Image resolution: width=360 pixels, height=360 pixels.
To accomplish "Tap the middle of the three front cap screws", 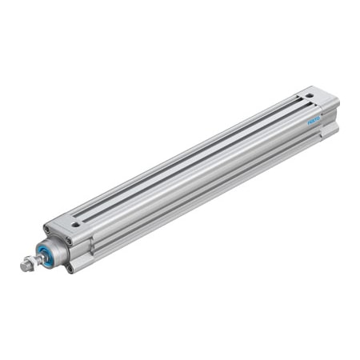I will pyautogui.click(x=70, y=241).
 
